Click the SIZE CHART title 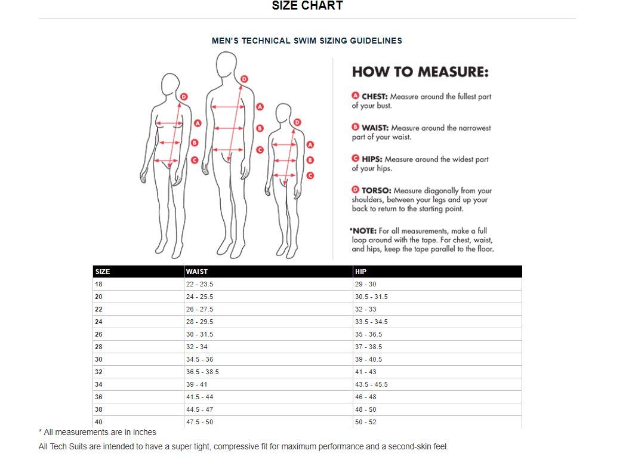[x=307, y=5]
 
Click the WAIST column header [x=197, y=272]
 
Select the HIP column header [x=360, y=272]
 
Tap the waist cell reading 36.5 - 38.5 [x=202, y=372]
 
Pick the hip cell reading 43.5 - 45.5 [x=371, y=384]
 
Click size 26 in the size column [x=99, y=334]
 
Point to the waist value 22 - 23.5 [x=200, y=284]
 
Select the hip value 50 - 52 [x=366, y=422]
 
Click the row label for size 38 [x=99, y=409]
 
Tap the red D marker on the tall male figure [x=244, y=79]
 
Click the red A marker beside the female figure [x=198, y=123]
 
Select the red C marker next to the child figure [x=310, y=175]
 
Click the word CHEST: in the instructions [x=375, y=97]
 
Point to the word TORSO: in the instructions [x=376, y=190]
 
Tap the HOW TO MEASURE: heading [x=420, y=72]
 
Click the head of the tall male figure [x=226, y=64]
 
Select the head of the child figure [x=283, y=113]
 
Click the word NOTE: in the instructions [x=365, y=231]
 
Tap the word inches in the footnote [x=144, y=432]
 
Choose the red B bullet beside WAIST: [x=356, y=127]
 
